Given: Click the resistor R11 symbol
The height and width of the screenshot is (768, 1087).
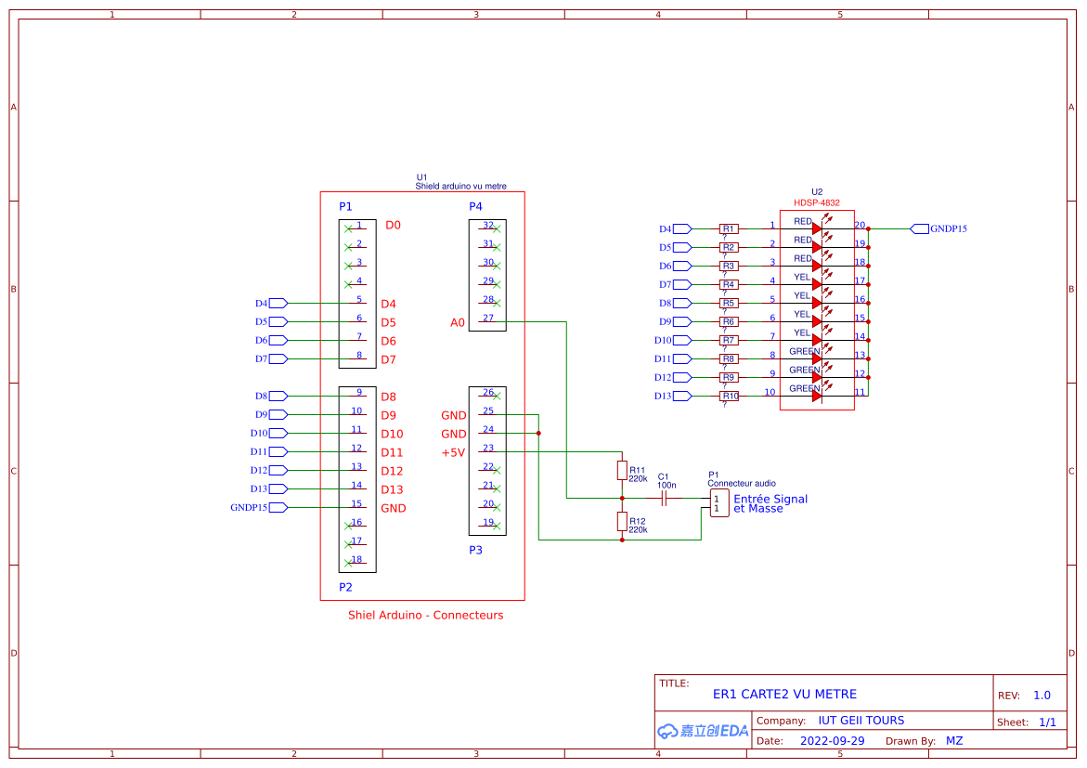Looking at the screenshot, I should coord(622,470).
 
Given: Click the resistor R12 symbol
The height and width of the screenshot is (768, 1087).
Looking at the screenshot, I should coord(622,521).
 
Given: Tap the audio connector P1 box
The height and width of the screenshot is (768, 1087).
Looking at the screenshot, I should coord(718,503).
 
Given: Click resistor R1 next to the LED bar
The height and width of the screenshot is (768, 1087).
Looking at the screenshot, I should coord(729,228).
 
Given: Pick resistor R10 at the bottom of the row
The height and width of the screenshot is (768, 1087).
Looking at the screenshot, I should coord(729,396).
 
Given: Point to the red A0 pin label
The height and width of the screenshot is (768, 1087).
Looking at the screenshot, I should coord(457,322).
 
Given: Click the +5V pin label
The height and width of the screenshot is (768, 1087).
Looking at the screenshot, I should coord(453,452).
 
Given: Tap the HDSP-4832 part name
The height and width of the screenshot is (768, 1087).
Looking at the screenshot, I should coord(816,202).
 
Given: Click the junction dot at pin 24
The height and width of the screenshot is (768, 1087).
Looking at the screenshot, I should coord(538,433).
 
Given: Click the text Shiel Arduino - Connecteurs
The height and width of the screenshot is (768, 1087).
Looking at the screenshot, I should coord(425,615).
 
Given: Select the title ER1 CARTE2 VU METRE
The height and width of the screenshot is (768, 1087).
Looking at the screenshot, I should coord(784,694).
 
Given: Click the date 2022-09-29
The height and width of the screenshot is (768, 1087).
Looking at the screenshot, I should coord(832,741).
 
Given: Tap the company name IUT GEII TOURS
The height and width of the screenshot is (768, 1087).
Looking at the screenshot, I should coord(861,721).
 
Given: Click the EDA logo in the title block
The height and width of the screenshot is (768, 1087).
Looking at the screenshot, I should coord(703,731).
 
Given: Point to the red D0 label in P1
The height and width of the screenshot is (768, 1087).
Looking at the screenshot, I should coord(393,226).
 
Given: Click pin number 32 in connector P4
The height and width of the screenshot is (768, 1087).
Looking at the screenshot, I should coord(487,225).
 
